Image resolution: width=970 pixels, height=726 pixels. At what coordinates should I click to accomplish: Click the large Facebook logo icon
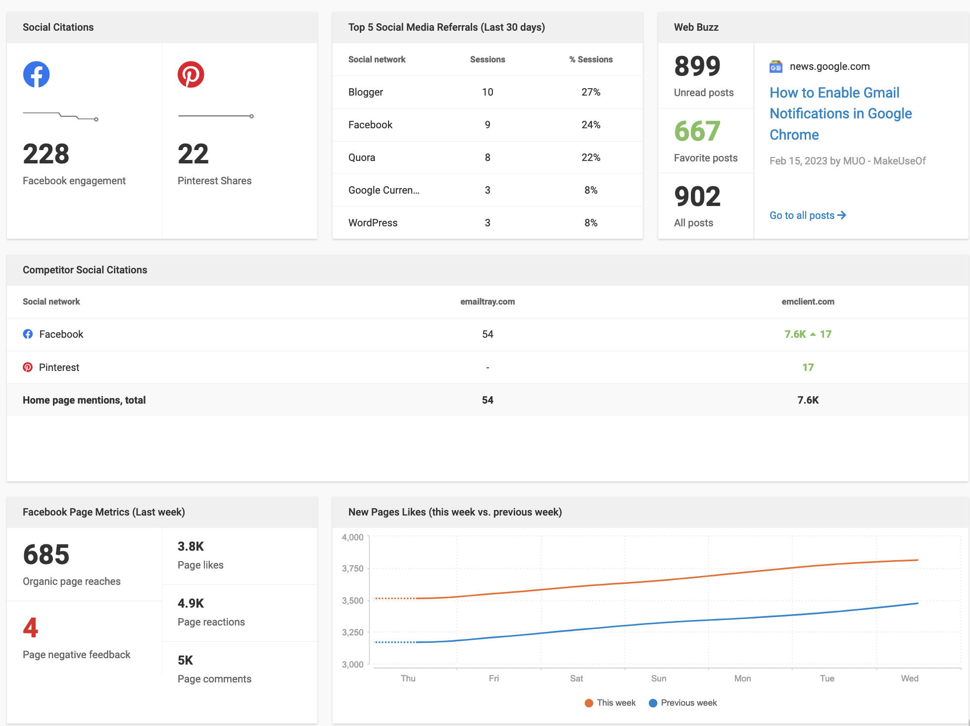click(x=36, y=74)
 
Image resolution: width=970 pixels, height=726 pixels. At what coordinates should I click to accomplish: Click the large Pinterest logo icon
click(x=191, y=74)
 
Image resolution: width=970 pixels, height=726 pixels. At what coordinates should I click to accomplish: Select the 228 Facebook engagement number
click(x=46, y=154)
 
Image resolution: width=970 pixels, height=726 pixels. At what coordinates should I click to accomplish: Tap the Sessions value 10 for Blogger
click(x=487, y=92)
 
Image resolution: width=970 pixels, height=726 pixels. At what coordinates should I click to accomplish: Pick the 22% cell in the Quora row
click(x=590, y=157)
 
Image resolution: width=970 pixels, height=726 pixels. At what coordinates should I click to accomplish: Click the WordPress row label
click(x=373, y=223)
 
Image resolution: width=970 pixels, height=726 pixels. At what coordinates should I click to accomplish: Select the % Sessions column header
click(x=590, y=59)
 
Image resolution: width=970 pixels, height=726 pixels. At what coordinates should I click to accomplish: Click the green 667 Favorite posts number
click(x=697, y=131)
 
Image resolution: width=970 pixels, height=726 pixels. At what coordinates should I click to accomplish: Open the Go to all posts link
click(x=807, y=215)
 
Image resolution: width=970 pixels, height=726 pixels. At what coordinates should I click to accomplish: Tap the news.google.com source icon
click(x=776, y=66)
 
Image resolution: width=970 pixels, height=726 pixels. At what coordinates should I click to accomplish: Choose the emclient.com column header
click(x=808, y=302)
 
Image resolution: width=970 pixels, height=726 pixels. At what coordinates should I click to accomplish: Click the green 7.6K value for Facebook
click(x=795, y=334)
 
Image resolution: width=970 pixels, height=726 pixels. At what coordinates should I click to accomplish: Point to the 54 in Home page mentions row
click(x=487, y=400)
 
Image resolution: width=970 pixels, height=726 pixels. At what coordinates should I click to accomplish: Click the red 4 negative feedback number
click(x=30, y=628)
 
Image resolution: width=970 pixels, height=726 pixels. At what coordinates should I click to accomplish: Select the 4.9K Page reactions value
click(x=191, y=603)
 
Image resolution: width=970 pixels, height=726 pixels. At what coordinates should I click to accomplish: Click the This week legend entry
click(x=610, y=703)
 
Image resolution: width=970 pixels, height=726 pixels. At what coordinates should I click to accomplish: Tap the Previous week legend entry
click(x=683, y=703)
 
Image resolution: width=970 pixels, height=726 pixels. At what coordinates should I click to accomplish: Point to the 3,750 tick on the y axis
click(x=352, y=569)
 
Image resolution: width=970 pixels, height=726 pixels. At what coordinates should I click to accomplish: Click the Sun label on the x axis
click(x=658, y=678)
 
